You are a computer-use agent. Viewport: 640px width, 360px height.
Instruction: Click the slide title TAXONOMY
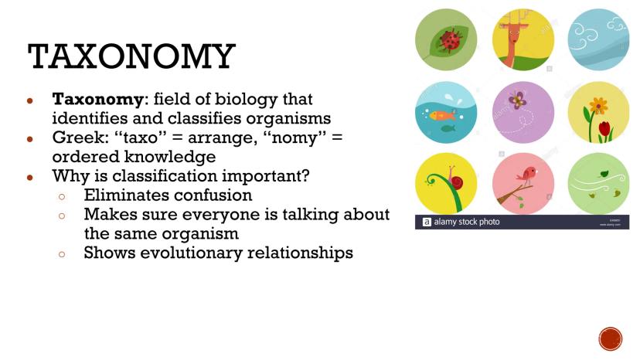click(131, 56)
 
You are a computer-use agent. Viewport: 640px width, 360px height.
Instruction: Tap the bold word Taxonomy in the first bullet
click(97, 99)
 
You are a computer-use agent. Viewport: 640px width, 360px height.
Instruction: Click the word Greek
click(80, 138)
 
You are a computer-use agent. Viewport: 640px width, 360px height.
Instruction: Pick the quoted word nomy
click(295, 138)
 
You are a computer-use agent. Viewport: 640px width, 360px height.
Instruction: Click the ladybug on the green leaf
click(449, 41)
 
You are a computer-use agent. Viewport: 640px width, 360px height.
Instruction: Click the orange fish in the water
click(442, 116)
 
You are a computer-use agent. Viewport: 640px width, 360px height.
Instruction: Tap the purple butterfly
click(517, 100)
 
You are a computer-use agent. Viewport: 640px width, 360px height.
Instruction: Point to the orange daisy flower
click(598, 106)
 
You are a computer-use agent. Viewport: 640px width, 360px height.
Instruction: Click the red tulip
click(604, 129)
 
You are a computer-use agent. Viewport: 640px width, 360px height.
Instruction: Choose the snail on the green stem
click(454, 180)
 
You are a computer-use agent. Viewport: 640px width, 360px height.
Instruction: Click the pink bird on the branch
click(527, 175)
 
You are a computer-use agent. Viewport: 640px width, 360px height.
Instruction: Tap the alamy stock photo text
click(467, 222)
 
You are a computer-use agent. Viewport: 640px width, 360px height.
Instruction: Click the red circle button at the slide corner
click(611, 339)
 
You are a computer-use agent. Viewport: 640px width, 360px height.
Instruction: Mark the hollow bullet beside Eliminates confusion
click(62, 197)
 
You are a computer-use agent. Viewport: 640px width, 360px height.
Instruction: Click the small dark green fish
click(448, 128)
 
